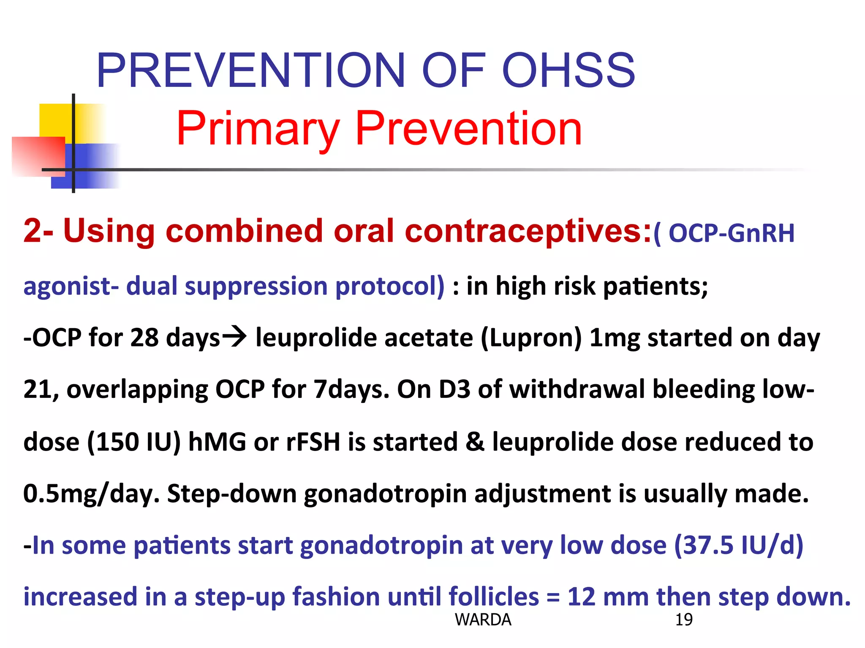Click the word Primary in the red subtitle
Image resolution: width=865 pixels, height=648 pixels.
[258, 129]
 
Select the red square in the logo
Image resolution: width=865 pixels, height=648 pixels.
[38, 156]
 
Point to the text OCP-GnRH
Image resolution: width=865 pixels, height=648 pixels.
[731, 233]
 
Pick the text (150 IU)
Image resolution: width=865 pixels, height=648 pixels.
[133, 442]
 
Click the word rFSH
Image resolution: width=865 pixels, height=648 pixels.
[313, 442]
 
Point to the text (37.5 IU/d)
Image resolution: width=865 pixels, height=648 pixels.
[739, 545]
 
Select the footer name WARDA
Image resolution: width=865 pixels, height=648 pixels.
[483, 620]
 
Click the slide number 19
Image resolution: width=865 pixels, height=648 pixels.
[684, 620]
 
